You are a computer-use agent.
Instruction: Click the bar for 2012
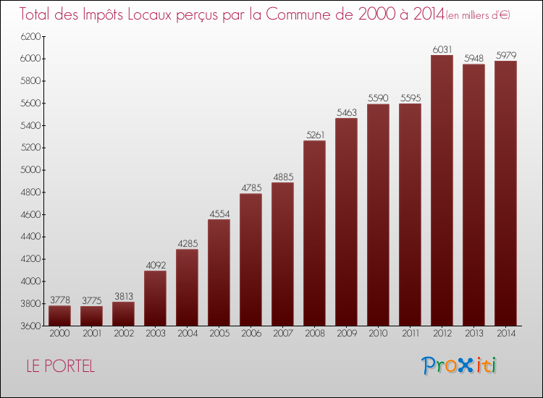tap(442, 190)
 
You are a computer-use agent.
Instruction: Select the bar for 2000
tap(59, 316)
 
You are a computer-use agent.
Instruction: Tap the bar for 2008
tap(314, 233)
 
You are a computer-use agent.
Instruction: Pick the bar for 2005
tap(219, 272)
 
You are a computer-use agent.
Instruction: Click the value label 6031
tap(442, 49)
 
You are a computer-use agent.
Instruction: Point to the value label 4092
tap(155, 265)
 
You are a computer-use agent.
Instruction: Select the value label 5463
tap(346, 112)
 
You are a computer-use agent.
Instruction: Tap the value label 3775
tap(91, 300)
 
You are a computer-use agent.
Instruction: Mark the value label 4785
tap(251, 188)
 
